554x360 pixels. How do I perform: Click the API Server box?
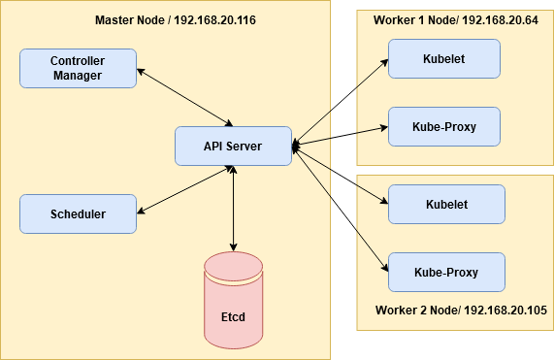[233, 146]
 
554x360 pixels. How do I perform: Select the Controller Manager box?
[77, 68]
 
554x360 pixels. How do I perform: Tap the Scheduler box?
[77, 213]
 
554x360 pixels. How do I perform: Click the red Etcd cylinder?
[233, 302]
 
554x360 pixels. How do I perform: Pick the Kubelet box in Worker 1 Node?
[443, 58]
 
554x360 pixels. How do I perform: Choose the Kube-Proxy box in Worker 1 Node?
[443, 126]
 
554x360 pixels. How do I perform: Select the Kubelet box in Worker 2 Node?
[446, 204]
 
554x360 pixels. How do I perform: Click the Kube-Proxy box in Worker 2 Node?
[446, 272]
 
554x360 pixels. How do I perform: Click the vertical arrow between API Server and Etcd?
[233, 209]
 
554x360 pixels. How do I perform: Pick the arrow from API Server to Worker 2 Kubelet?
[340, 175]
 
